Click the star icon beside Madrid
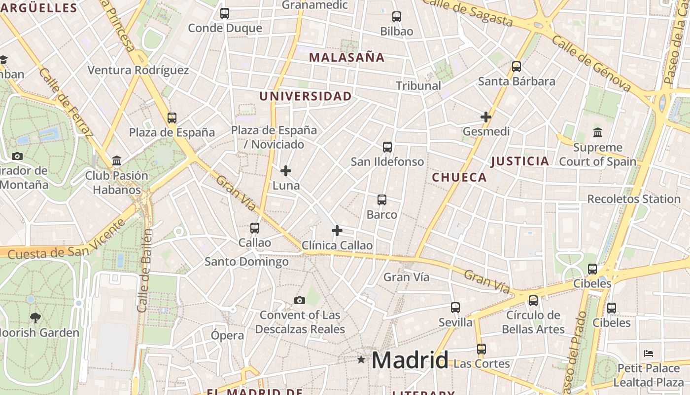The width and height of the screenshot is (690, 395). point(361,360)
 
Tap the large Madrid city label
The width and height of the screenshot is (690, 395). point(410,360)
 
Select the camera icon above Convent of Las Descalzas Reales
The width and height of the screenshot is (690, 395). point(299,300)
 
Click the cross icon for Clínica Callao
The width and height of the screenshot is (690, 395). point(337,231)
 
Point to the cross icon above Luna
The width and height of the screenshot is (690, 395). point(286,171)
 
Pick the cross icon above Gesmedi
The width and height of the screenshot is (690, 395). point(486,117)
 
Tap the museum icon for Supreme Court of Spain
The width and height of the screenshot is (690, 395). point(598,132)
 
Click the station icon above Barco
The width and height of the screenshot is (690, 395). point(382,200)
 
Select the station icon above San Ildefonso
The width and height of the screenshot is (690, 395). point(387,147)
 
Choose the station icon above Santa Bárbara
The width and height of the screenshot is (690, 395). point(517,66)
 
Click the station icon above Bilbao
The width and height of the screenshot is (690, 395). point(397,16)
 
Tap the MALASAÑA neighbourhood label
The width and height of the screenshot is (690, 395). point(346,57)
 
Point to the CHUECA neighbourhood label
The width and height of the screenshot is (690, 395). point(459,177)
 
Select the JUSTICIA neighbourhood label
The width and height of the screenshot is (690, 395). point(520,161)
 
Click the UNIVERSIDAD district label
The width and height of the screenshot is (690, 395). point(306,96)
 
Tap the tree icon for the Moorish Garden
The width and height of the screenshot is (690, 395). point(35,317)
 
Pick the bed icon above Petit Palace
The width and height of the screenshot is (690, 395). point(649,354)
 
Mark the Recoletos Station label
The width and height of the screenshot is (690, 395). point(634,199)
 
